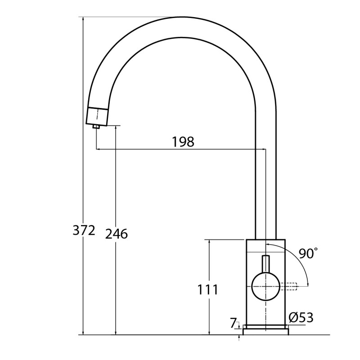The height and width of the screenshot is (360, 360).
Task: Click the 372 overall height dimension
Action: pyautogui.click(x=84, y=230)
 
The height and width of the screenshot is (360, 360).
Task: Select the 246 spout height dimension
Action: pyautogui.click(x=117, y=234)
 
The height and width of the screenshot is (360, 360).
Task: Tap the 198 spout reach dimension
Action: pyautogui.click(x=183, y=142)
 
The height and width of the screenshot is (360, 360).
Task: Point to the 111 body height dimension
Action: pyautogui.click(x=208, y=289)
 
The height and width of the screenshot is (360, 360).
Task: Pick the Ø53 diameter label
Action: pyautogui.click(x=301, y=318)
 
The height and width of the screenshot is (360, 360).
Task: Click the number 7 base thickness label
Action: pyautogui.click(x=233, y=323)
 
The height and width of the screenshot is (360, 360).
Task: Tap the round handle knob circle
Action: pyautogui.click(x=266, y=287)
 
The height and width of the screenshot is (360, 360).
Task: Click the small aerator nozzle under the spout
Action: pyautogui.click(x=96, y=126)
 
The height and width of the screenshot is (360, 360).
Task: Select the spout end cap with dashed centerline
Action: pyautogui.click(x=97, y=117)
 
